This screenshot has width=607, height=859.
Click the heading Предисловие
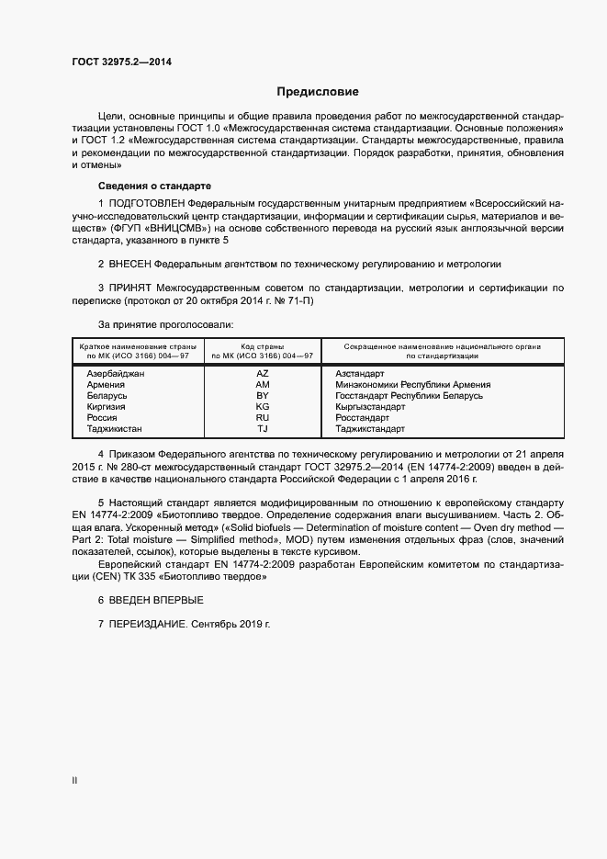click(318, 92)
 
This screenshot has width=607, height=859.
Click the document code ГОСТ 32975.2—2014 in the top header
click(121, 62)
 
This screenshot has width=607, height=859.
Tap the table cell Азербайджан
click(116, 374)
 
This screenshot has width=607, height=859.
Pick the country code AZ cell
click(263, 374)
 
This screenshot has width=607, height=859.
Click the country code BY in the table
click(263, 396)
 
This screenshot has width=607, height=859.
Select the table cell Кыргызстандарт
click(370, 407)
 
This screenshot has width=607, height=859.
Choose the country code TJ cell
click(263, 429)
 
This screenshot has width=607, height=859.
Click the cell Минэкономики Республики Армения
click(412, 385)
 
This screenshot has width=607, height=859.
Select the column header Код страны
click(263, 346)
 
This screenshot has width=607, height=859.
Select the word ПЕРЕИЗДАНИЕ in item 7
click(147, 625)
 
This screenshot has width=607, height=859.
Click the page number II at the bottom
click(74, 780)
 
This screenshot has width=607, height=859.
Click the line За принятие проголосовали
click(165, 324)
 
